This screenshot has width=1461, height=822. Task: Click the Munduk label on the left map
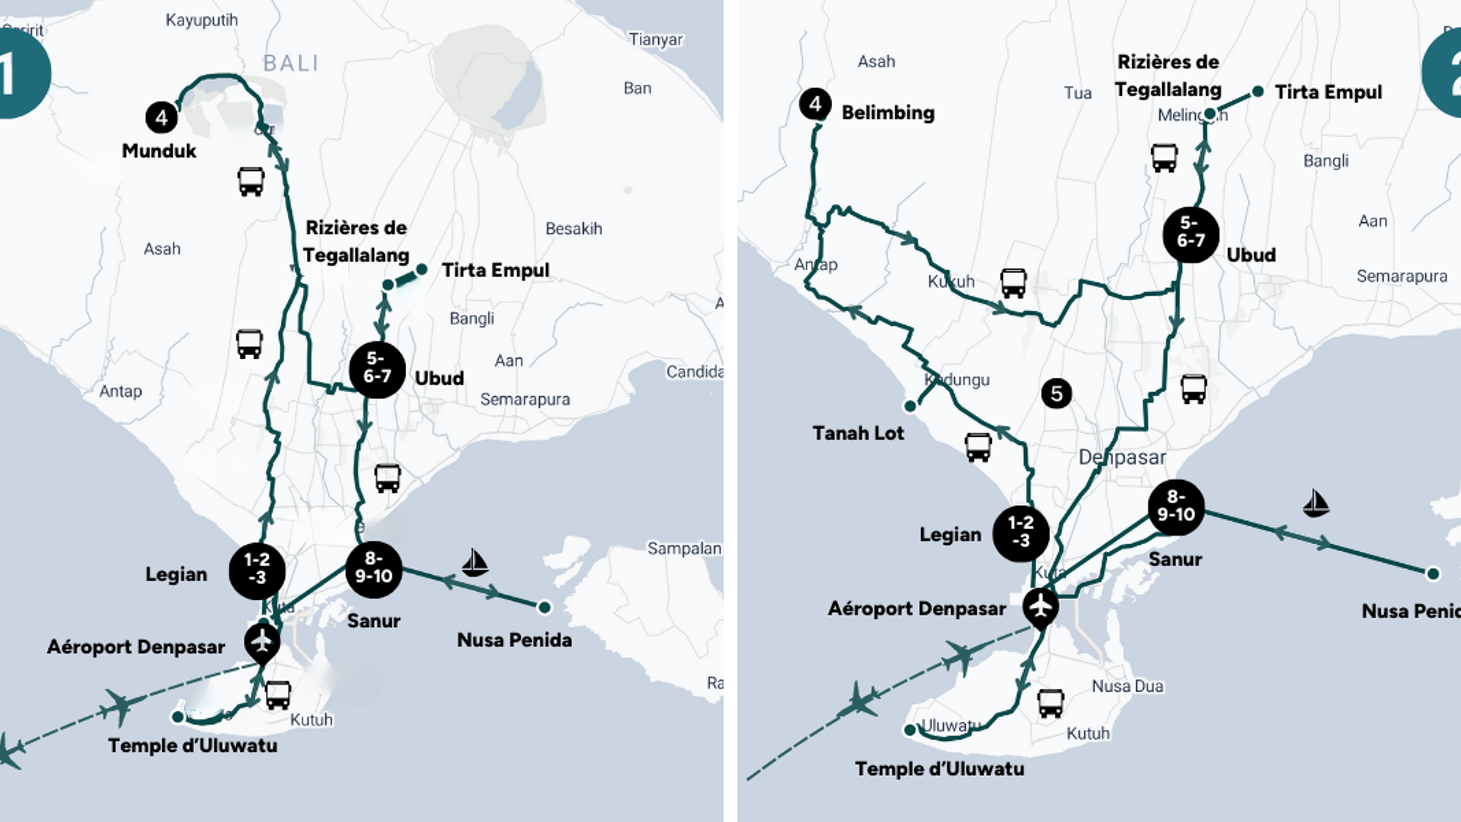(x=159, y=151)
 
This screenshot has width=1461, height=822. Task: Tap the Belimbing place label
(x=888, y=113)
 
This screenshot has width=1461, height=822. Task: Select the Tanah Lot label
(x=858, y=433)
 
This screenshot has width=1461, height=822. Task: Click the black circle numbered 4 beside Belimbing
(x=815, y=104)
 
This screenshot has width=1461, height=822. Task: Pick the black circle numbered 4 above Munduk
(x=161, y=117)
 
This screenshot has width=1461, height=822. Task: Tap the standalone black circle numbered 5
(x=1056, y=394)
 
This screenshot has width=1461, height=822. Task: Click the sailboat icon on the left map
(x=476, y=563)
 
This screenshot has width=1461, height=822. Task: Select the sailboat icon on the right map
(x=1316, y=503)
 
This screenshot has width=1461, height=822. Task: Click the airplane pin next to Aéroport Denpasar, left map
(x=262, y=642)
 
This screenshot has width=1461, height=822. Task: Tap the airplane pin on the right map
(x=1040, y=606)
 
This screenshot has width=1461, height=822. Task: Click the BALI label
(x=291, y=64)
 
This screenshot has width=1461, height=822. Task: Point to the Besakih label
(x=573, y=229)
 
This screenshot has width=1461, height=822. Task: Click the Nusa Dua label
(x=1127, y=686)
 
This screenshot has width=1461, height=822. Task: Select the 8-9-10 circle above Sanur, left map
(x=373, y=568)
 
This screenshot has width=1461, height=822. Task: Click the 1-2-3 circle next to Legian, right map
(x=1021, y=533)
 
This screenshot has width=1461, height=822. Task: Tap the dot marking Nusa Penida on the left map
(x=544, y=606)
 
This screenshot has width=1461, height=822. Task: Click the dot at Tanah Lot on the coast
(x=910, y=406)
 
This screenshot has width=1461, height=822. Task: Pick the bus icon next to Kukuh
(x=1013, y=283)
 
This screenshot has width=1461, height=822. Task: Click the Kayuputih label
(x=202, y=20)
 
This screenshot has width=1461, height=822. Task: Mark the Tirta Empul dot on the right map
(x=1258, y=91)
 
